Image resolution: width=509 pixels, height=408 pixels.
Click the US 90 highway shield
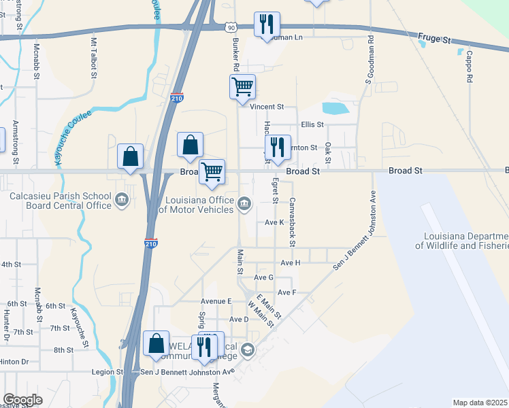232,27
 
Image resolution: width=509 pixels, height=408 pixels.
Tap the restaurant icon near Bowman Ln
266,24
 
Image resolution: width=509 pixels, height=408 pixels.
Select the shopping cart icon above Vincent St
242,87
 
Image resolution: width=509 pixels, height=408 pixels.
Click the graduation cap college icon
248,351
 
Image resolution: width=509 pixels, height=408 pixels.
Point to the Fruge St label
436,40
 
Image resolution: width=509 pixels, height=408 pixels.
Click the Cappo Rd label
470,69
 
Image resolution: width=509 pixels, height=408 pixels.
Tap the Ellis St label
312,124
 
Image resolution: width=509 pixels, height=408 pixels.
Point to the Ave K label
274,222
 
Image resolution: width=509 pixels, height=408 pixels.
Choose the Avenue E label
216,301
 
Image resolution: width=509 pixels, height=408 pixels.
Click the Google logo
22,400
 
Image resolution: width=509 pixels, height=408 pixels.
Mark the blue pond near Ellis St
335,108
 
